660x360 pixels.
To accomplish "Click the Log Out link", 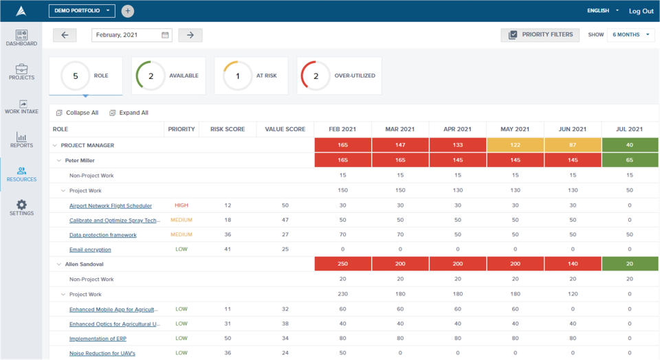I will tap(641, 11).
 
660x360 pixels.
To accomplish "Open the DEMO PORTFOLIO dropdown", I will tap(82, 11).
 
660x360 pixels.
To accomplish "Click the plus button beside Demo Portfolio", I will tap(128, 11).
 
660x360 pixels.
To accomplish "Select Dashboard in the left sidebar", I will tap(21, 38).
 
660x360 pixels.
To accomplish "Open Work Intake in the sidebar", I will tap(21, 106).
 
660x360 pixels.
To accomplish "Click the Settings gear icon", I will tap(21, 205).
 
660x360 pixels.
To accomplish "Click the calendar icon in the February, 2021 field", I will tap(165, 35).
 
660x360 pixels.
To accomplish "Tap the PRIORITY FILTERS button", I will tap(540, 35).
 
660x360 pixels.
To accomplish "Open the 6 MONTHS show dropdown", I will tap(630, 35).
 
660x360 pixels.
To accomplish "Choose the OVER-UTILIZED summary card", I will tap(339, 76).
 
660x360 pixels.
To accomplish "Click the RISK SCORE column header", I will tap(228, 129).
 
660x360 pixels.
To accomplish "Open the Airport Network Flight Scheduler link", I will tap(111, 205).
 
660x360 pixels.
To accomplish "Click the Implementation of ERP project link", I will tap(98, 339).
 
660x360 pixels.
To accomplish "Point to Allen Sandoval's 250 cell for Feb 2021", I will tap(342, 264).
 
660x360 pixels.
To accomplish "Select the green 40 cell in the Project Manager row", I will tap(630, 145).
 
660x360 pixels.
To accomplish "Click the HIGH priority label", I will tap(181, 205).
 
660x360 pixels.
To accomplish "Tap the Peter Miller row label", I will tap(80, 160).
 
